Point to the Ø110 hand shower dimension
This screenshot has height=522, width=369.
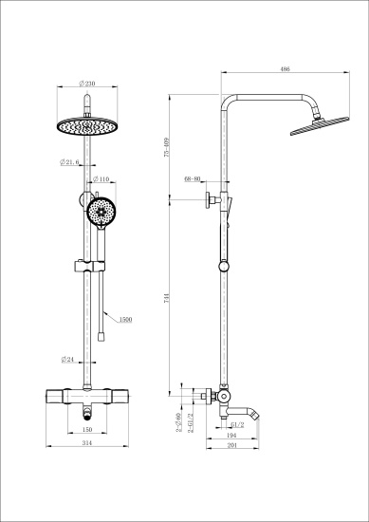102,179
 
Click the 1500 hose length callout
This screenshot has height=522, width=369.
125,320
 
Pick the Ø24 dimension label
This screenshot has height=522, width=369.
68,359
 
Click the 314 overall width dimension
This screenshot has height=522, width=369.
86,443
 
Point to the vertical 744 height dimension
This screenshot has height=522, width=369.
167,296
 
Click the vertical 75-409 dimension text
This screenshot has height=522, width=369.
167,147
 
